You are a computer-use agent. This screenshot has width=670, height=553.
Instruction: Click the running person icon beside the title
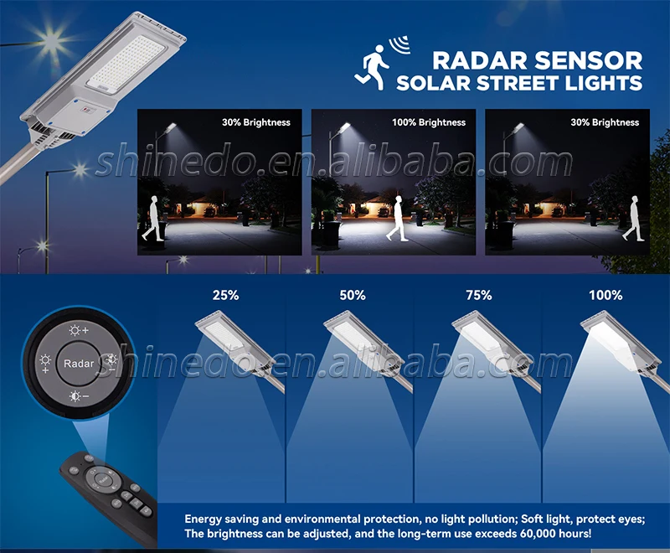(371, 68)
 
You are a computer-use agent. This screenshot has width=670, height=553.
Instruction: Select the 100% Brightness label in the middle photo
(429, 122)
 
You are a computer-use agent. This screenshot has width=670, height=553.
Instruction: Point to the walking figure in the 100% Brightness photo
(397, 219)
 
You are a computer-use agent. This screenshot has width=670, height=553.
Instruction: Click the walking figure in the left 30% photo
(152, 219)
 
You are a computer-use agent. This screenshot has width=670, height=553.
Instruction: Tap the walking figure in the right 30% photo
(633, 219)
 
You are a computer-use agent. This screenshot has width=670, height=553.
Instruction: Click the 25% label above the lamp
(225, 295)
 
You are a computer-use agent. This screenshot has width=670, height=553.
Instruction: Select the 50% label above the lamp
(353, 295)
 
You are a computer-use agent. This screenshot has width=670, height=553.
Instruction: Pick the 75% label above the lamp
(478, 295)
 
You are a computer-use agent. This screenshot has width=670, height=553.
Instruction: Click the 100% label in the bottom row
(606, 295)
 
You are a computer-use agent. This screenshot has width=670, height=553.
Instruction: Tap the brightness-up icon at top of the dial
(78, 330)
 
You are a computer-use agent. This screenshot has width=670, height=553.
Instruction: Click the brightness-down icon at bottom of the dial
(78, 396)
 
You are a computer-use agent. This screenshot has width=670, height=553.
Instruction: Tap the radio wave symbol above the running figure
(400, 45)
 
